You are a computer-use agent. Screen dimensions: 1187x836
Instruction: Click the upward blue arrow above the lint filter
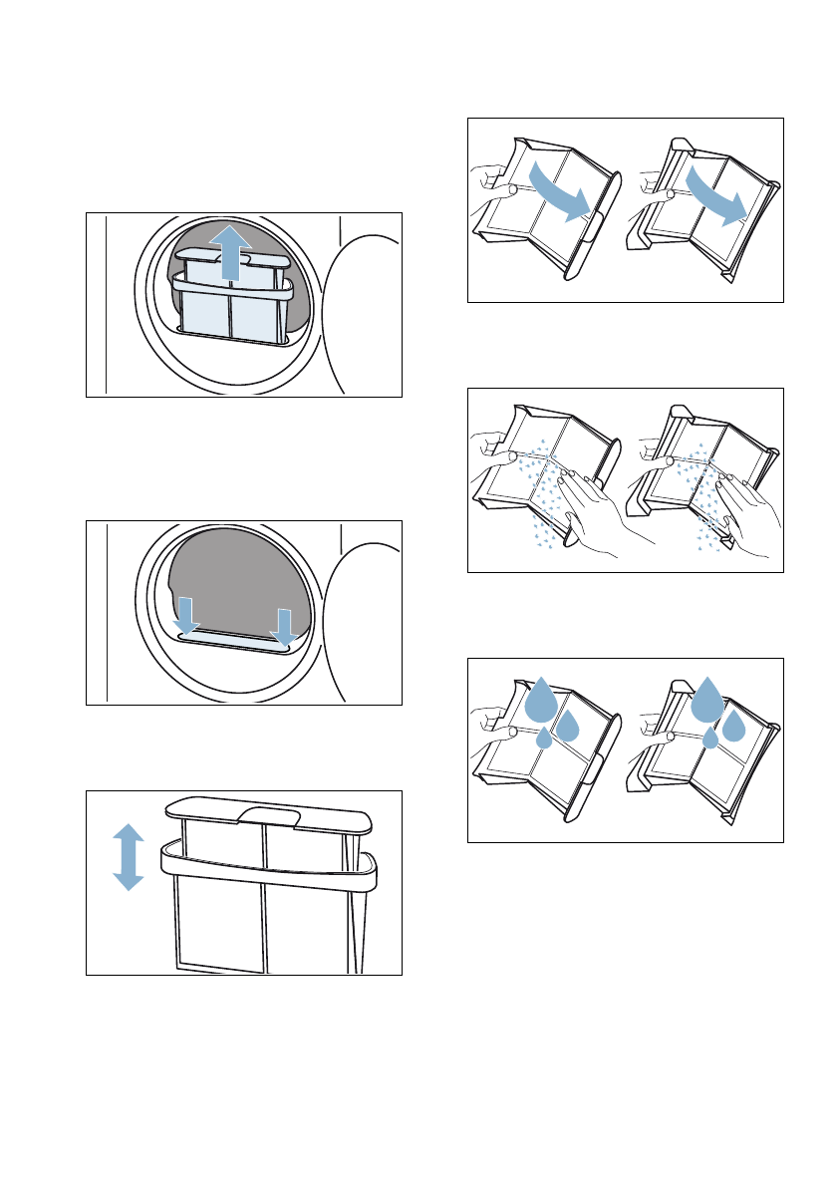[230, 251]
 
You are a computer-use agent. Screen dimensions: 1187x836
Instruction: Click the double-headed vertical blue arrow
[129, 855]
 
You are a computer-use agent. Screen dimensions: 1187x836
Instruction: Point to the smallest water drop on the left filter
[544, 740]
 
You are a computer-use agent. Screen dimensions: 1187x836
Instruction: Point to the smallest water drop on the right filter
[709, 739]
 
